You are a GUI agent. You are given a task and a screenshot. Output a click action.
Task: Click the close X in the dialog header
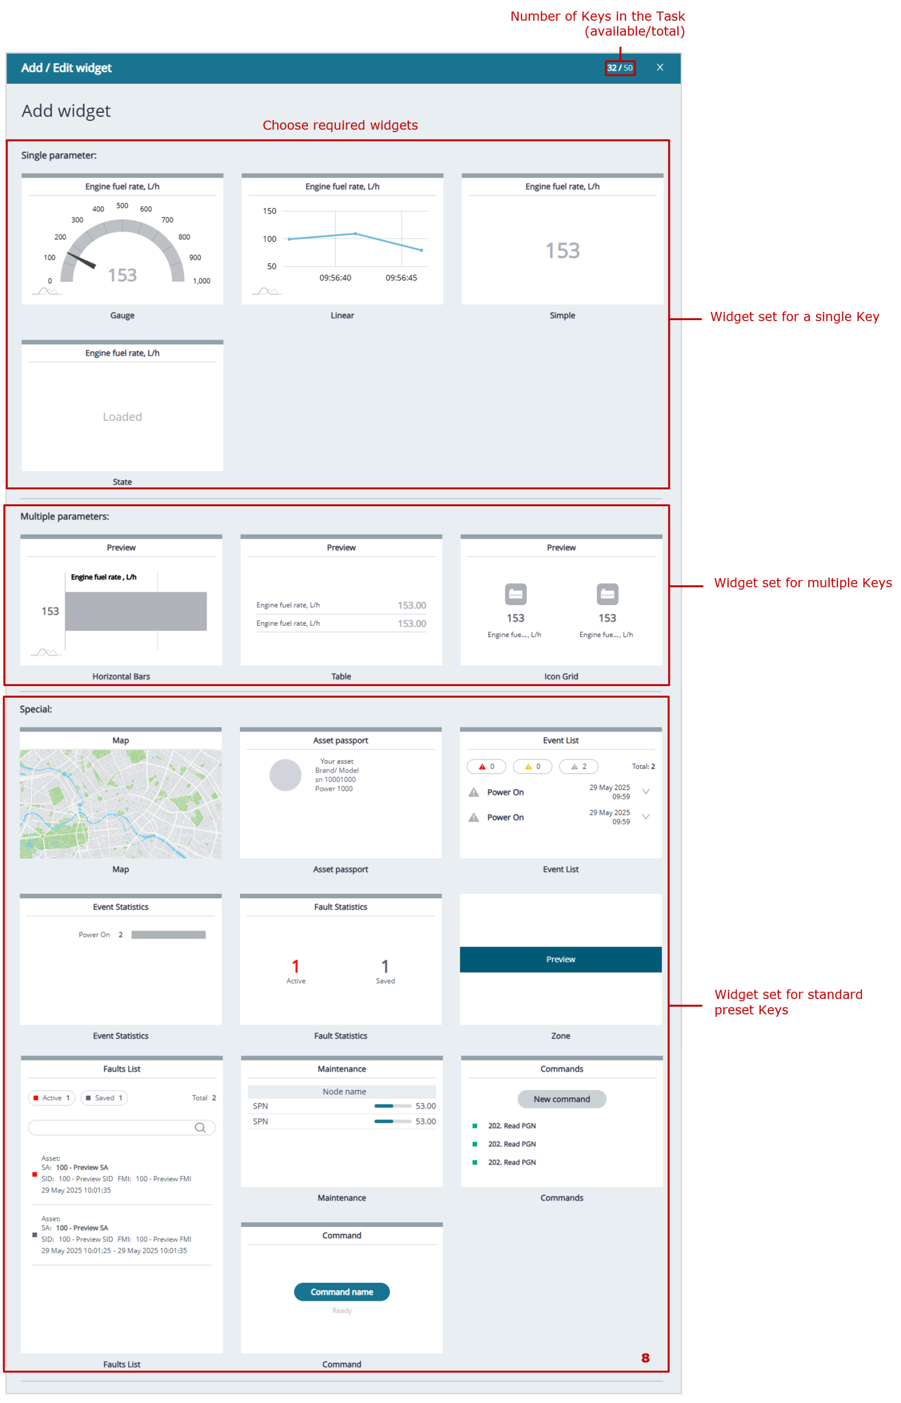click(x=659, y=67)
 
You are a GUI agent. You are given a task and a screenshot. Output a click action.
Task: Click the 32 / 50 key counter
click(x=620, y=68)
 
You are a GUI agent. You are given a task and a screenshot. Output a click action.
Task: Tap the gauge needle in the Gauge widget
click(x=81, y=260)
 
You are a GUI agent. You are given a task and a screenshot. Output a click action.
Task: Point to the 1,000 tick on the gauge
click(x=201, y=281)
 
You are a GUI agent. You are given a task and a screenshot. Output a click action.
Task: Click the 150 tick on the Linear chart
click(x=269, y=210)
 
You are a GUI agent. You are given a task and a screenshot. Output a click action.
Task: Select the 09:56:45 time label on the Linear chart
click(x=401, y=277)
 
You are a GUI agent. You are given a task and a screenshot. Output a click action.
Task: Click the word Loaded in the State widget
click(x=122, y=417)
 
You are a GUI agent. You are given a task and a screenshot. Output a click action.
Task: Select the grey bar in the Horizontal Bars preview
click(x=136, y=611)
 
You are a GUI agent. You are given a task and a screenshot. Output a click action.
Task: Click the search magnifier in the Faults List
click(x=200, y=1127)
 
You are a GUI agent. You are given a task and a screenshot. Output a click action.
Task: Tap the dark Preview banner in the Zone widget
click(x=561, y=959)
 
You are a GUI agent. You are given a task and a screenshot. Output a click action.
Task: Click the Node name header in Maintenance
click(x=344, y=1091)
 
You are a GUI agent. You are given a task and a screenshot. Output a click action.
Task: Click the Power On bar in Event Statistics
click(x=168, y=934)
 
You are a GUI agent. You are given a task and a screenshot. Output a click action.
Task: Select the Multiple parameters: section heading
click(x=65, y=516)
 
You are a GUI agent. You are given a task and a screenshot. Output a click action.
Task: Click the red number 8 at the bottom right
click(x=645, y=1358)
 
